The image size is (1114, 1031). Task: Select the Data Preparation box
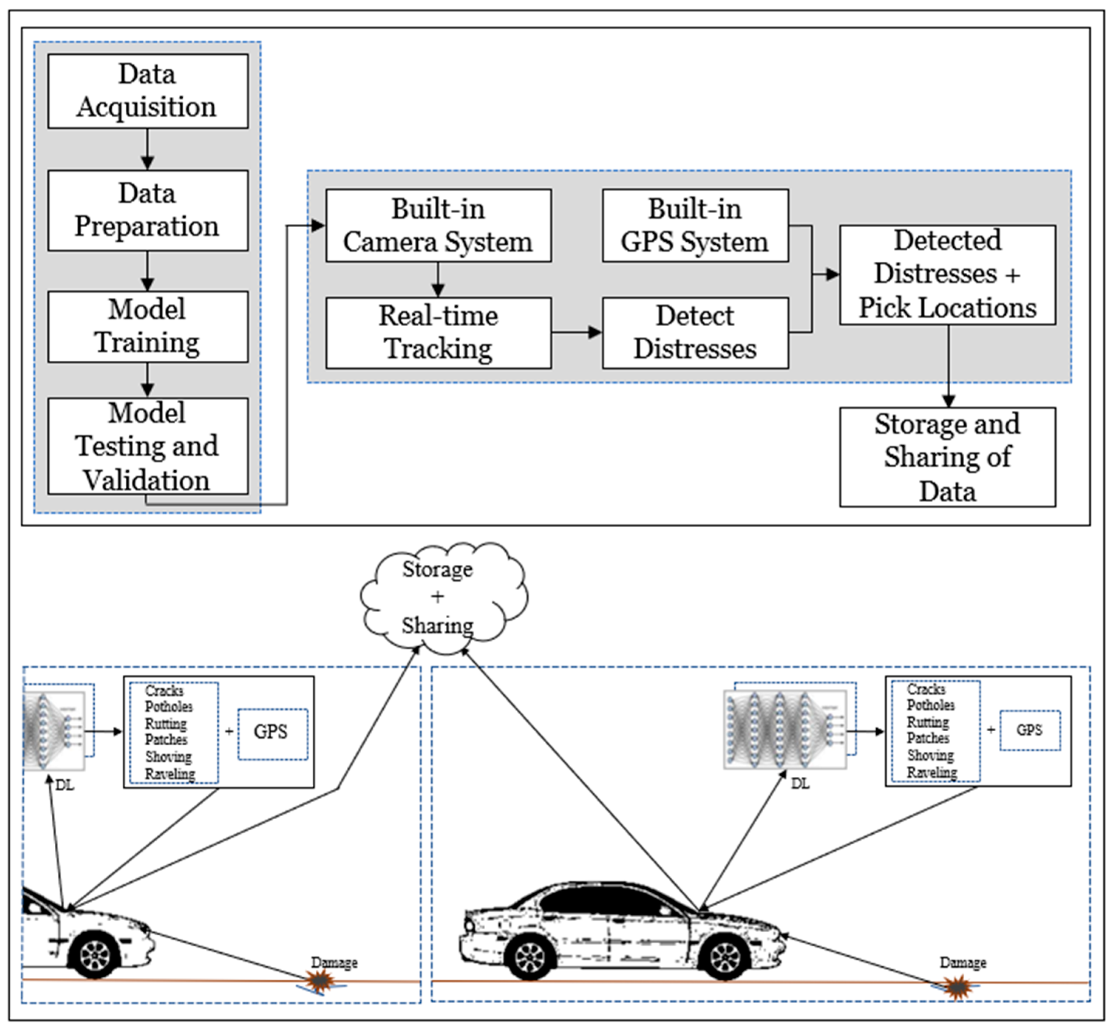point(148,210)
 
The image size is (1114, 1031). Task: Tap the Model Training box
point(148,326)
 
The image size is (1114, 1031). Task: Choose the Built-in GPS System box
point(695,225)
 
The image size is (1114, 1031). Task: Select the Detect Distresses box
point(695,333)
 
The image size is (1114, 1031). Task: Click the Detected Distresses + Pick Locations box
point(947,275)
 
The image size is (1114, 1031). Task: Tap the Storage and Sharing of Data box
point(947,457)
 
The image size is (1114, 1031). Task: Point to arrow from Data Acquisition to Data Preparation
point(147,149)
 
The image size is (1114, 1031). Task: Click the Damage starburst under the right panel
point(957,987)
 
